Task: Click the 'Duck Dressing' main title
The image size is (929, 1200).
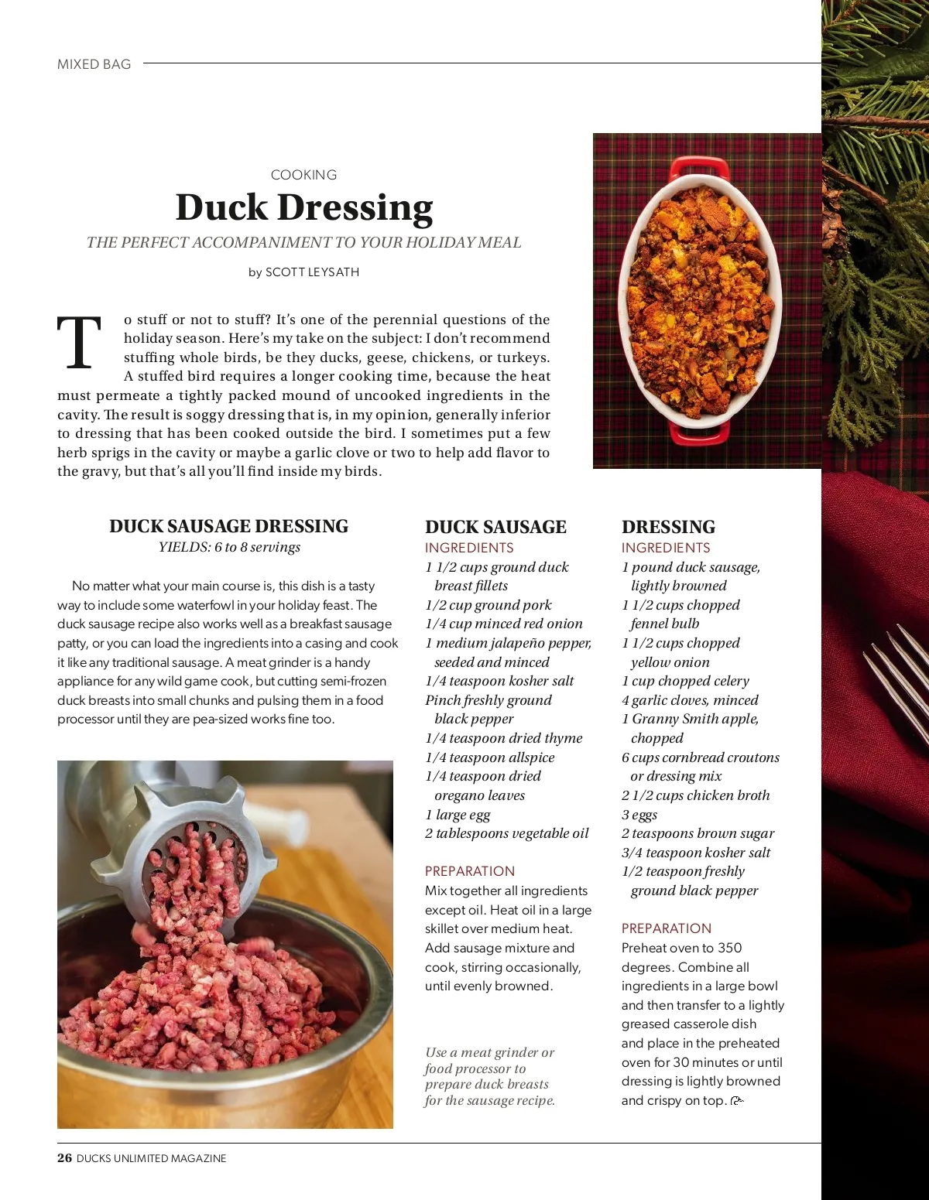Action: [x=304, y=207]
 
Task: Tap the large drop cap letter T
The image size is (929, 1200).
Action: [x=79, y=343]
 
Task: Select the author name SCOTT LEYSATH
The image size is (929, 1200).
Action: [x=312, y=272]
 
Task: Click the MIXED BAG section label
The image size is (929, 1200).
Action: [x=94, y=64]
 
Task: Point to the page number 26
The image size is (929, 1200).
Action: [x=64, y=1158]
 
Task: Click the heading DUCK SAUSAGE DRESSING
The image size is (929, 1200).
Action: [x=228, y=526]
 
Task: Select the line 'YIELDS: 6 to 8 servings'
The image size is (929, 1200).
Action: [x=229, y=547]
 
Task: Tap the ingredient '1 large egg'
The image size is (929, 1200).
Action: [x=458, y=814]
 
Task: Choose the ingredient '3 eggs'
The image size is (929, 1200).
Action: [x=639, y=814]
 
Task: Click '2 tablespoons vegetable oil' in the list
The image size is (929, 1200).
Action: [x=506, y=833]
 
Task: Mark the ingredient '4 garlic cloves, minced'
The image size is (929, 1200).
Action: [x=690, y=700]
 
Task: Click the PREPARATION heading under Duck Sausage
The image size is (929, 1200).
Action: [x=469, y=871]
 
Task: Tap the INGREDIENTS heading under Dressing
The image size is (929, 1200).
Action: [x=666, y=548]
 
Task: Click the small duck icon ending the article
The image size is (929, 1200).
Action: [x=736, y=1101]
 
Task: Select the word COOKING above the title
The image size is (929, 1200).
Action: [x=303, y=175]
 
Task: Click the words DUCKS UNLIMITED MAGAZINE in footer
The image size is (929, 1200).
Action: [x=152, y=1158]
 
